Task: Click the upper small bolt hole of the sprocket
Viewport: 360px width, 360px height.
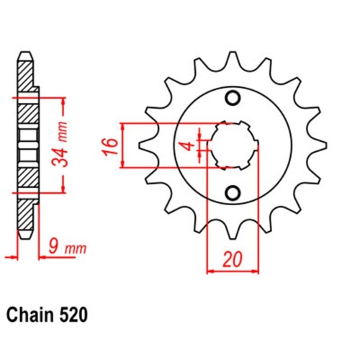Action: pos(233,98)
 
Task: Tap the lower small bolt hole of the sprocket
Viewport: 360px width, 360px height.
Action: pos(233,192)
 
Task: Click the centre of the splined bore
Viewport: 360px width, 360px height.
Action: pos(233,145)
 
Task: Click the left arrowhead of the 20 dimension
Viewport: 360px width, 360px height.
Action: pos(211,271)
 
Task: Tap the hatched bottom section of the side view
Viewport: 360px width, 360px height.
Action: pos(26,173)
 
